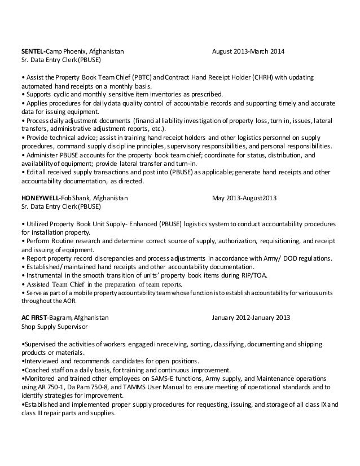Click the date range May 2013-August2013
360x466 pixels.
coord(244,198)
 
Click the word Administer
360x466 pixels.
coord(41,153)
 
